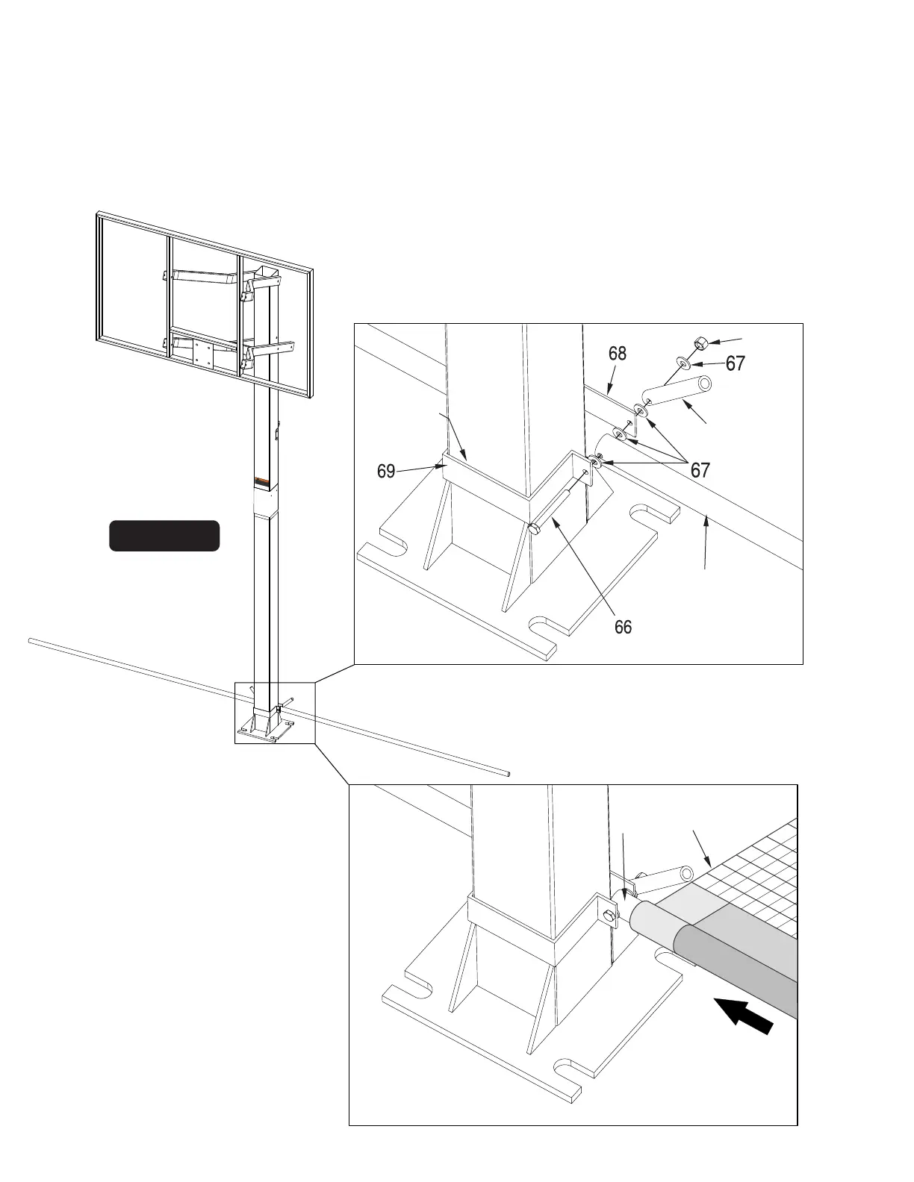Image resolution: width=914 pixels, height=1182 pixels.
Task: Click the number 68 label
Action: pyautogui.click(x=617, y=354)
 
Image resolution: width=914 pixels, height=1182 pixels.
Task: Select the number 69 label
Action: pyautogui.click(x=385, y=472)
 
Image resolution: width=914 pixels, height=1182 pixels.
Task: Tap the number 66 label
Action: pyautogui.click(x=623, y=628)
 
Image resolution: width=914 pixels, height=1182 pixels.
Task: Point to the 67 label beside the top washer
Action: pyautogui.click(x=735, y=363)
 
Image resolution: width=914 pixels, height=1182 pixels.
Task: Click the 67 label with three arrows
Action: pyautogui.click(x=700, y=471)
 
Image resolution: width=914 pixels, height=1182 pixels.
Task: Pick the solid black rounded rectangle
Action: pyautogui.click(x=164, y=536)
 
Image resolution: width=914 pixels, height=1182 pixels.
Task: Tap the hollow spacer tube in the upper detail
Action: pyautogui.click(x=676, y=393)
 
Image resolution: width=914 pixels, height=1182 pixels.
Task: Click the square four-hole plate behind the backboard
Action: pyautogui.click(x=202, y=352)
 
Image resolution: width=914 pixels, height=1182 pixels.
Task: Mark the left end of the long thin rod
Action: pyautogui.click(x=31, y=640)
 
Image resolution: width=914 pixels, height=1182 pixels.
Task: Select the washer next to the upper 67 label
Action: pyautogui.click(x=683, y=363)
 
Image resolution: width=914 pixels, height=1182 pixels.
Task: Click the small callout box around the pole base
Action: pyautogui.click(x=275, y=713)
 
